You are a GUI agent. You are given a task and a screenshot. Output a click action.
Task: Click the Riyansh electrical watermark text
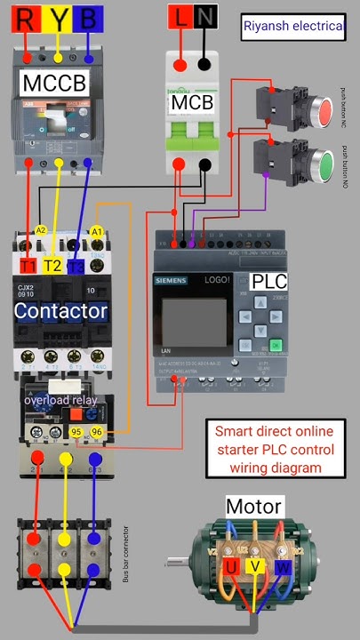pyautogui.click(x=293, y=27)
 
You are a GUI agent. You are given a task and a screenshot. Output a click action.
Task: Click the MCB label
pyautogui.click(x=193, y=102)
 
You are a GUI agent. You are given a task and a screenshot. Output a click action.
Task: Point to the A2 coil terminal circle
pyautogui.click(x=40, y=230)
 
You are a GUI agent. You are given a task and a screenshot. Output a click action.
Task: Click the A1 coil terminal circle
pyautogui.click(x=98, y=230)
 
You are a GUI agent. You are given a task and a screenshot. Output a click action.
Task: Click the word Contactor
pyautogui.click(x=61, y=311)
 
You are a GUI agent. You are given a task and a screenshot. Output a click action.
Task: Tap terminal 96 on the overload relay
pyautogui.click(x=98, y=432)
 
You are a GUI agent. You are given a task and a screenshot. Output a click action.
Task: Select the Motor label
pyautogui.click(x=253, y=508)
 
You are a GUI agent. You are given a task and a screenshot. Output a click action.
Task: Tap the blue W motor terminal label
pyautogui.click(x=282, y=566)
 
